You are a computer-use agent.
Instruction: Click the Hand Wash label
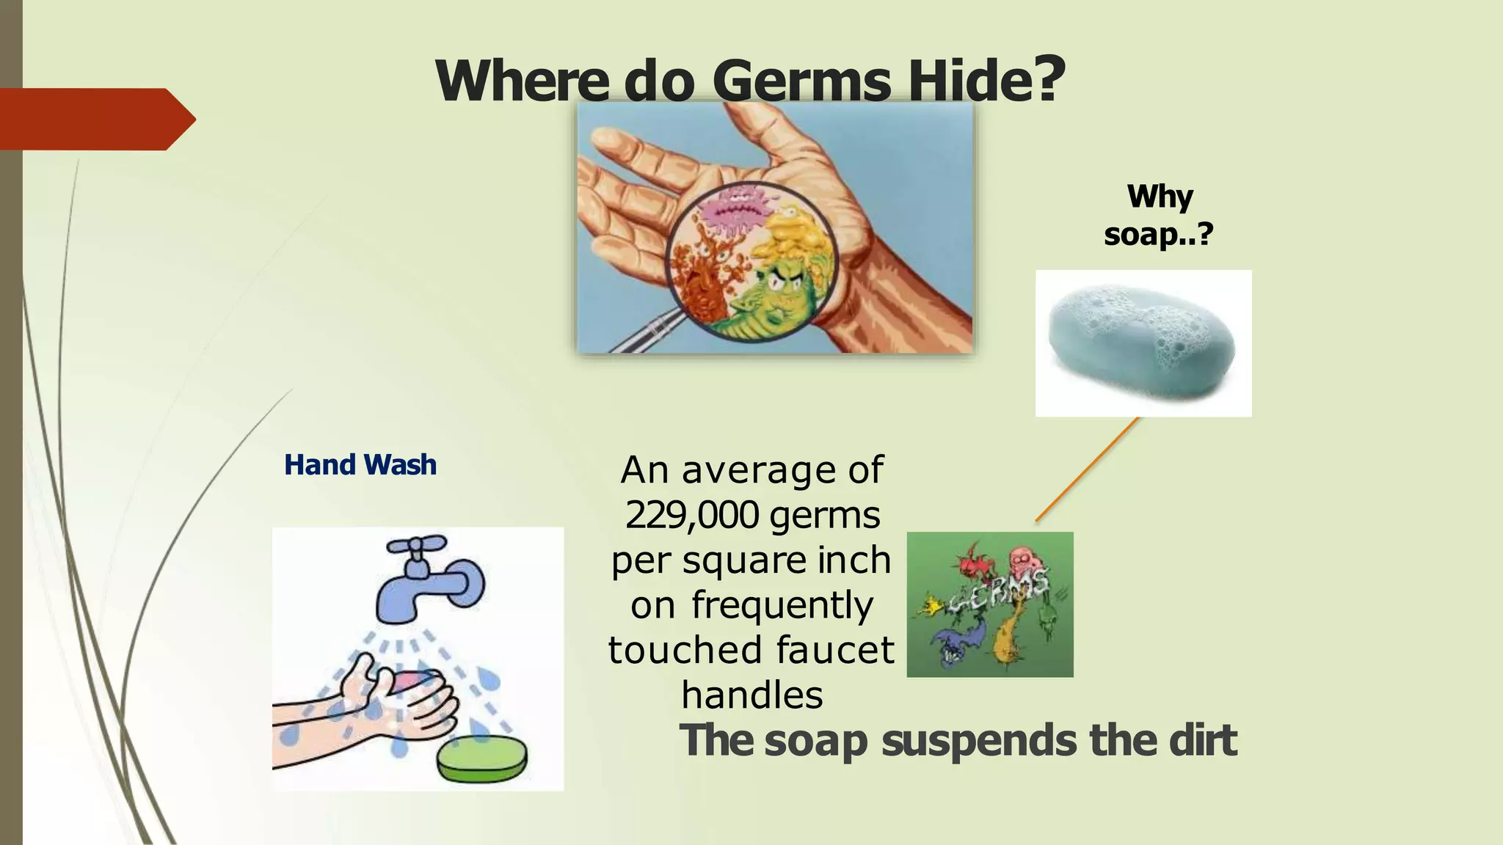[360, 465]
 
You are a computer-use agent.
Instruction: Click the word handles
[751, 695]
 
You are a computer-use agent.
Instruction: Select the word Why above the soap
[1160, 197]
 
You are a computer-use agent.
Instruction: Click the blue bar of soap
[1141, 345]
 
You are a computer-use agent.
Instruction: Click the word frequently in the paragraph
[782, 606]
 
